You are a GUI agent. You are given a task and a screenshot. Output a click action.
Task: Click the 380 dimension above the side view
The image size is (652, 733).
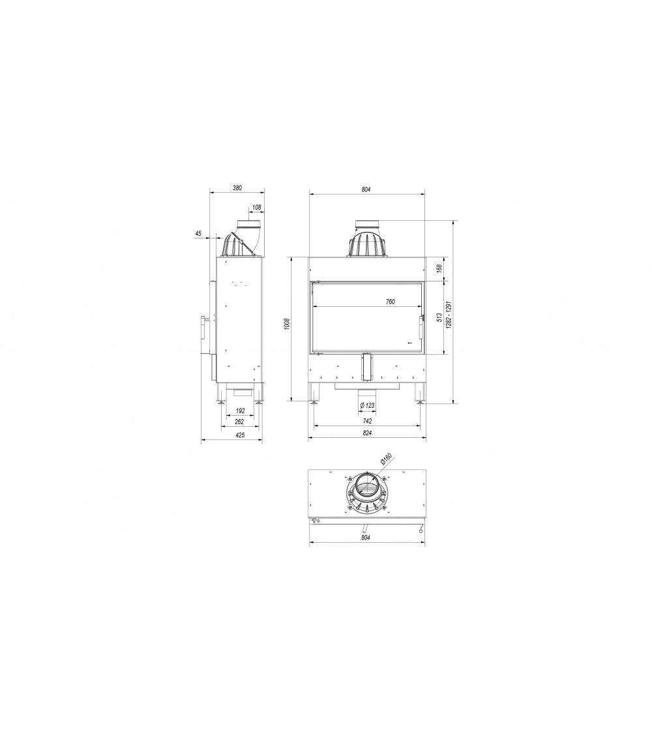click(237, 188)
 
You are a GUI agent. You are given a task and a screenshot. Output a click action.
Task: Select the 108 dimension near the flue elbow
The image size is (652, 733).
click(256, 207)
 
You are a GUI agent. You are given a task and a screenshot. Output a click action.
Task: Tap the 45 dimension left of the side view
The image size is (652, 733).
click(198, 233)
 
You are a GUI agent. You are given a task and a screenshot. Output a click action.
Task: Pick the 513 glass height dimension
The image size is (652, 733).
click(439, 317)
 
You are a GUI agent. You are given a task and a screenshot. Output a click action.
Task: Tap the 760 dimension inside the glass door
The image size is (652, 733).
click(390, 302)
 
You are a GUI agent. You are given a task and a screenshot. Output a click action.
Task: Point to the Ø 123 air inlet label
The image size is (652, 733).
click(367, 406)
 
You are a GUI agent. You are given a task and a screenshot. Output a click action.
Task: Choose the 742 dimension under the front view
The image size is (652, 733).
click(367, 422)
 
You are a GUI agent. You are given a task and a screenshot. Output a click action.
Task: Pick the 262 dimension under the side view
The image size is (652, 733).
click(239, 422)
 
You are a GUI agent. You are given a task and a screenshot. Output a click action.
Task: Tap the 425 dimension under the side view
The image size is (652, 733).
click(239, 435)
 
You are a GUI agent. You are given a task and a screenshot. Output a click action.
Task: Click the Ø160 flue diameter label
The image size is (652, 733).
click(385, 459)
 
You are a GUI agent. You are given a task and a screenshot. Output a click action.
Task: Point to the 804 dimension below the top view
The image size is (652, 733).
click(365, 538)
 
